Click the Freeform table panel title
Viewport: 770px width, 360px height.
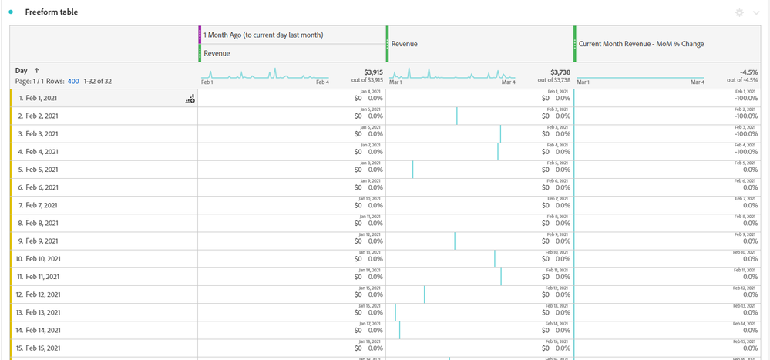coord(51,12)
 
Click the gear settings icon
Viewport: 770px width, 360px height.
coord(740,13)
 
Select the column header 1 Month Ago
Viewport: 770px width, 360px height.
coord(264,35)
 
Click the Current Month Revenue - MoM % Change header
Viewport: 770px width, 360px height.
coord(641,44)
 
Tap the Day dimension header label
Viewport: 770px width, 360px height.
coord(22,70)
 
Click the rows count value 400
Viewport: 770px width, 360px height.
coord(73,81)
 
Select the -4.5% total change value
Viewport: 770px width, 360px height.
coord(747,72)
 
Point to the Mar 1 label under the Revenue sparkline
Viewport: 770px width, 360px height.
coord(397,82)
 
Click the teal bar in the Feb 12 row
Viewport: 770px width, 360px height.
coord(424,294)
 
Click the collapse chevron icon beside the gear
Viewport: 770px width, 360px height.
coord(755,13)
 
